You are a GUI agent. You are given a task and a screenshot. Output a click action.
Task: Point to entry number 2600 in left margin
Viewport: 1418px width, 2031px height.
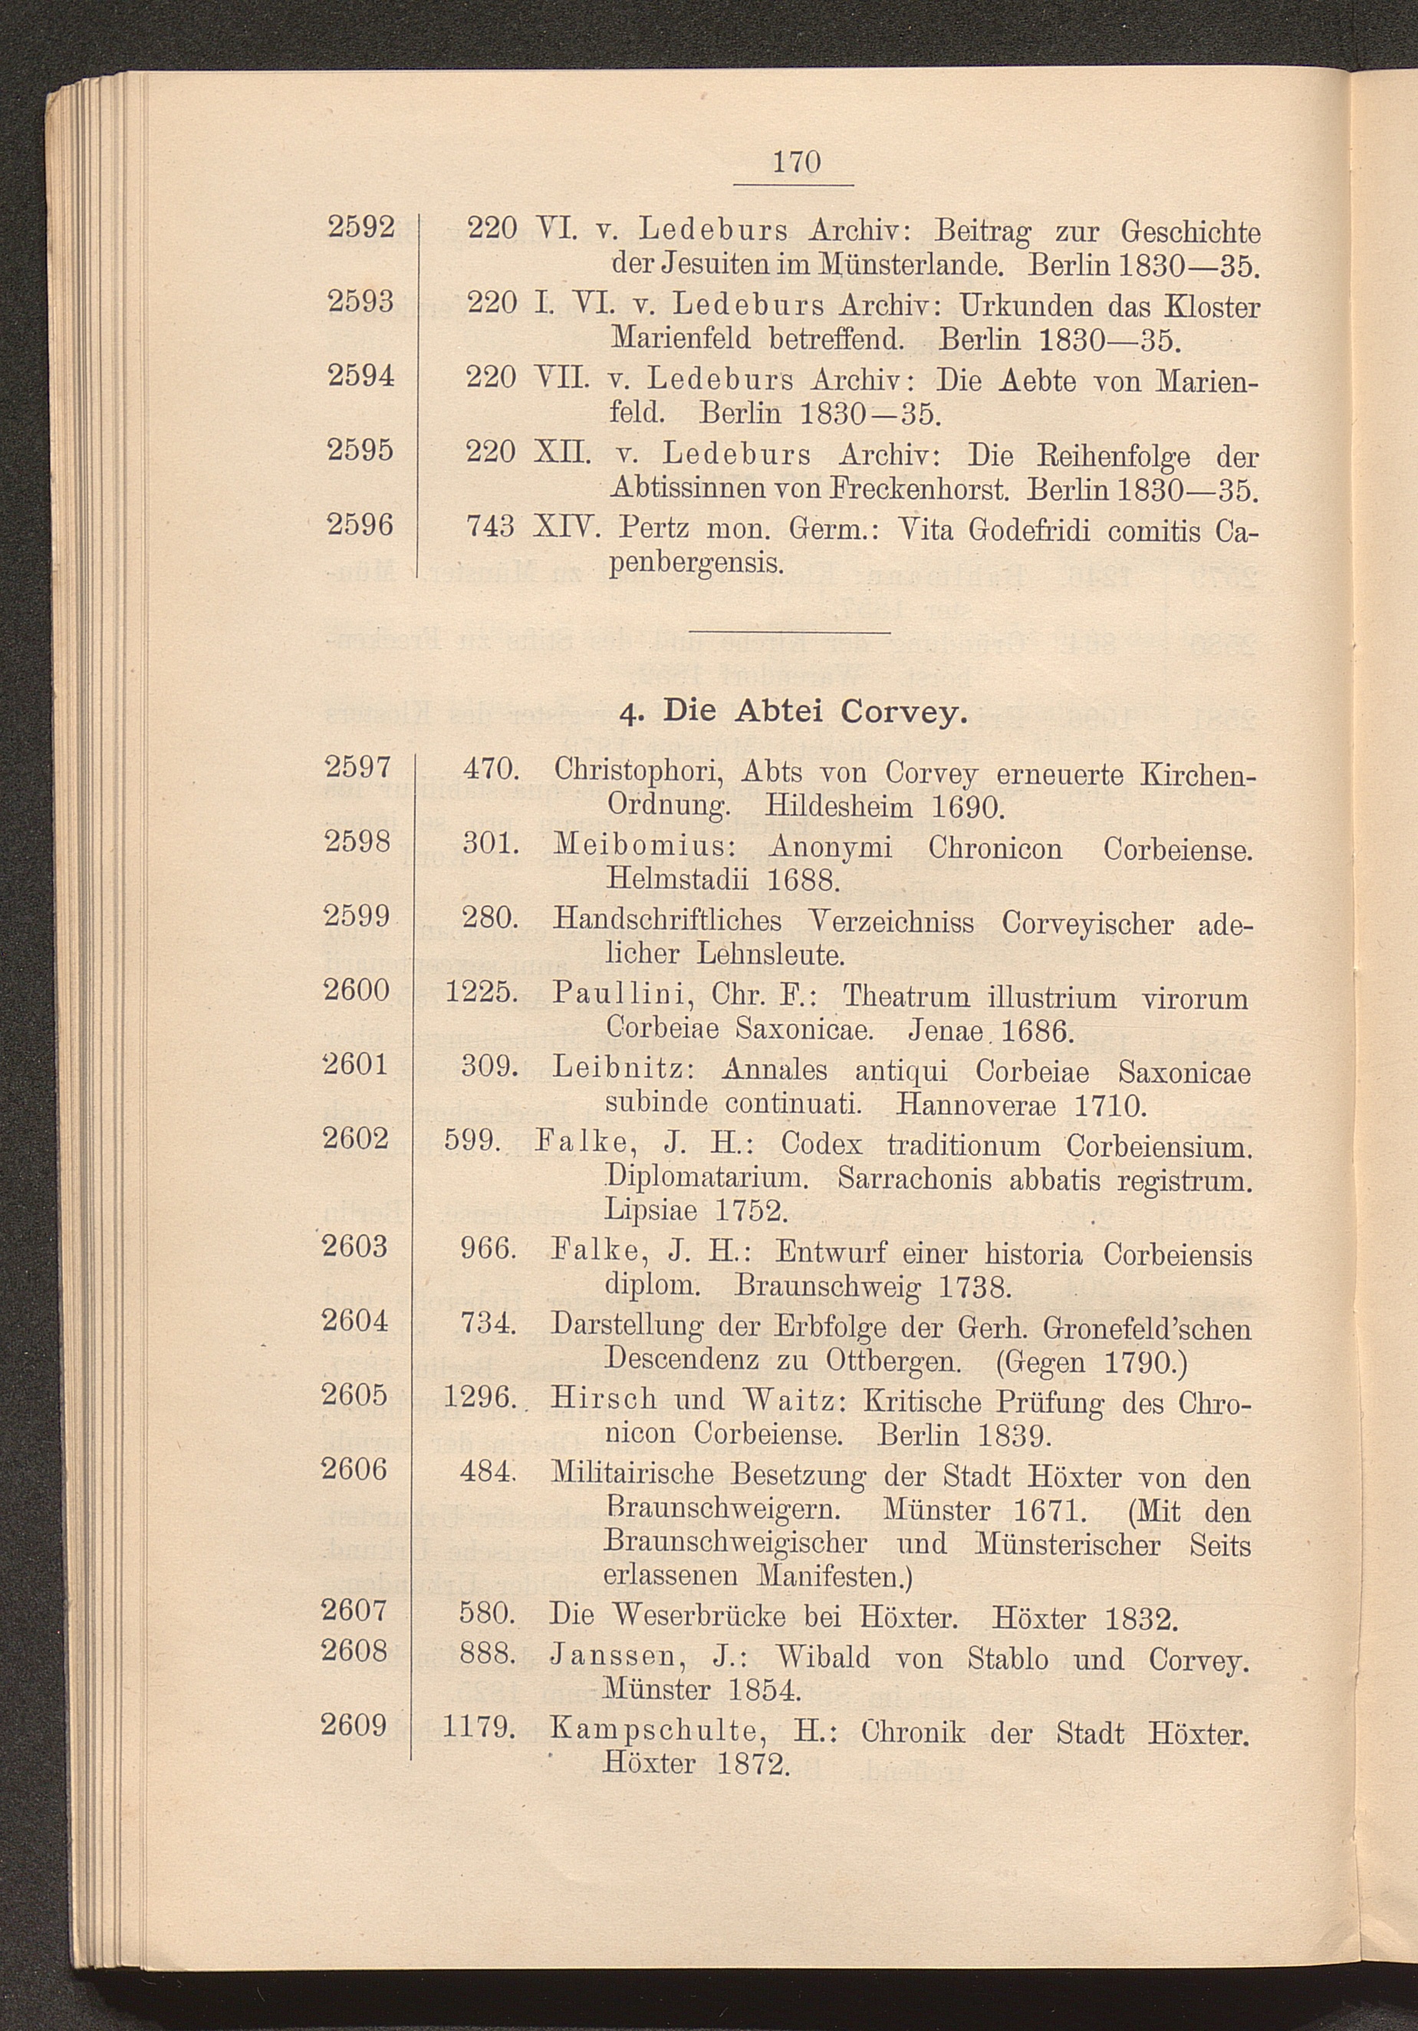click(357, 990)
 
